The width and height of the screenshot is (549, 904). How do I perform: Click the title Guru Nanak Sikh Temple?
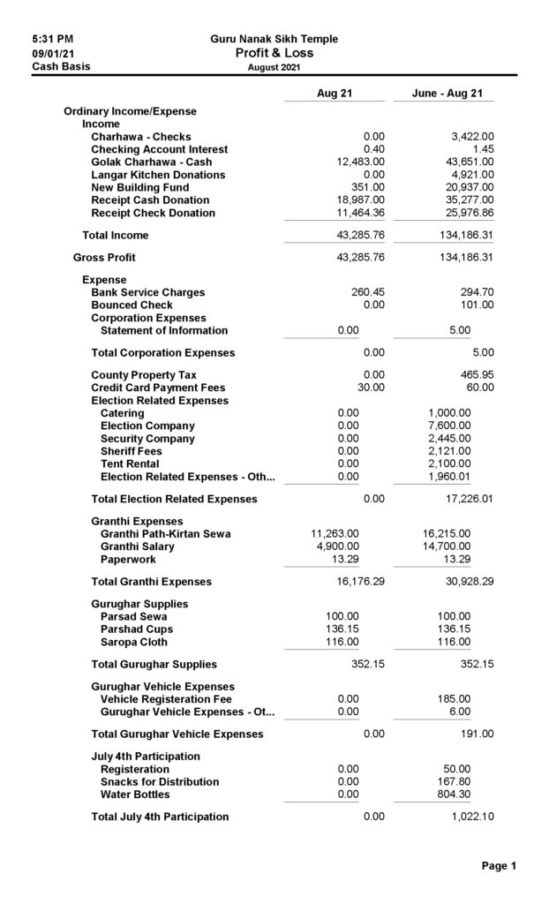[x=274, y=39]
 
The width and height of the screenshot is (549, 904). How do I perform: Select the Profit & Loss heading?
[x=274, y=53]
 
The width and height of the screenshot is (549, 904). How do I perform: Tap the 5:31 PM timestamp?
[x=52, y=39]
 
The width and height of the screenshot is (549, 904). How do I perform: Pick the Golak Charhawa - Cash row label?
[x=151, y=162]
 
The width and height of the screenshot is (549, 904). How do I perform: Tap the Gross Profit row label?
[x=104, y=258]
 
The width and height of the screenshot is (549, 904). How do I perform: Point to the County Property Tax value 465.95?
[x=474, y=375]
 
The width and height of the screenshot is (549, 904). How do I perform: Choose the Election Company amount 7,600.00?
[x=449, y=426]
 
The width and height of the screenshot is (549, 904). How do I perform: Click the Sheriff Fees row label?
[x=131, y=451]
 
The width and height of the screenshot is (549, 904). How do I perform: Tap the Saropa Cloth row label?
[x=133, y=642]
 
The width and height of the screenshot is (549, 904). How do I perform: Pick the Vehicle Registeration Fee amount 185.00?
[x=454, y=699]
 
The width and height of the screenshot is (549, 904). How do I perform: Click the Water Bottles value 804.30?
[x=454, y=795]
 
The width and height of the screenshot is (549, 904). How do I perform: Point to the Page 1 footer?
[x=499, y=866]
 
